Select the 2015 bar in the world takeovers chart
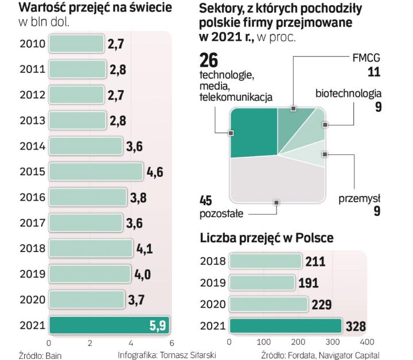coord(95,171)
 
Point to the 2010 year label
coord(33,44)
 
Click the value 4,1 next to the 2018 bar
coord(144,249)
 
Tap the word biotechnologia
coord(348,94)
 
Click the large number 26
coord(209,60)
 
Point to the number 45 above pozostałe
coord(207,201)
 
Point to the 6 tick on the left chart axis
coord(171,343)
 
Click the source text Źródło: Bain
coord(42,355)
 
